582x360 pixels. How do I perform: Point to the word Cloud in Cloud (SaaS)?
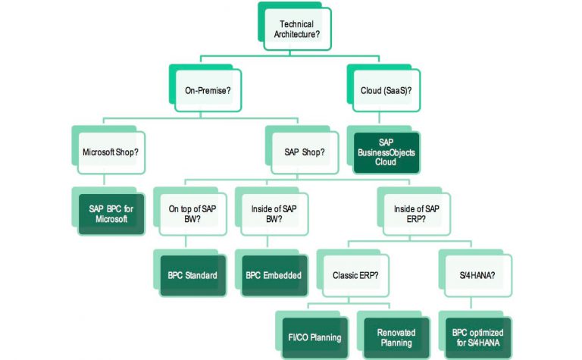click(x=371, y=90)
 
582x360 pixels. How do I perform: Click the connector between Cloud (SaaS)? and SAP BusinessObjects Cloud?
click(x=379, y=118)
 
